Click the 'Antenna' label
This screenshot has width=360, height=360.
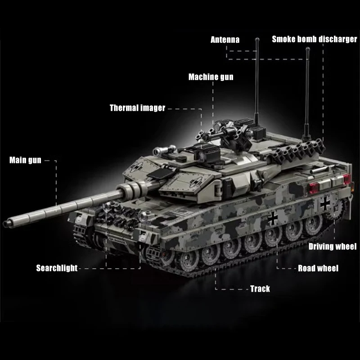[225, 40]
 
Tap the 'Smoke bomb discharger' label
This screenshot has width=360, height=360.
[314, 40]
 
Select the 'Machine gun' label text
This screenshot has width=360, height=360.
[211, 77]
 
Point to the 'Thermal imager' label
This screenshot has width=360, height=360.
[137, 108]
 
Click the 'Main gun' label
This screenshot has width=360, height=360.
[25, 160]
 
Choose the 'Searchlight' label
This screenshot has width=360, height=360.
[57, 269]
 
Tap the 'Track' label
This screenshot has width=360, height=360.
[260, 288]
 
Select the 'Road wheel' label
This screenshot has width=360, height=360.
[318, 269]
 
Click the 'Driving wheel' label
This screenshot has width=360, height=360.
[332, 246]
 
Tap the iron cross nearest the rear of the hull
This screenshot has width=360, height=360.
[324, 204]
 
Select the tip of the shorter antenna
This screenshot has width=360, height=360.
[308, 49]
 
